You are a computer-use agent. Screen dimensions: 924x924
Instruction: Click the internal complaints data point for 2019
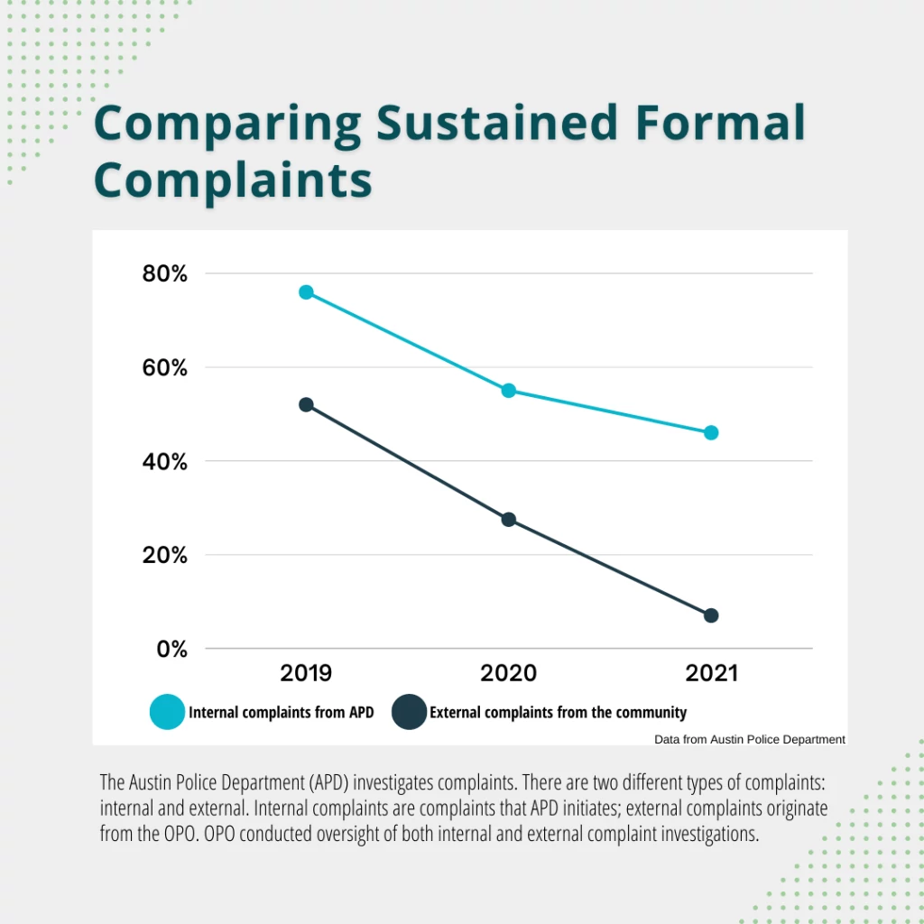[306, 292]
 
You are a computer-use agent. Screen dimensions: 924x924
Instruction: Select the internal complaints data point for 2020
[509, 391]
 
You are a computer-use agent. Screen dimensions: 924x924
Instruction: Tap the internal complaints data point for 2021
[711, 433]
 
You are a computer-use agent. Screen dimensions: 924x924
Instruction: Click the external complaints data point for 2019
[306, 405]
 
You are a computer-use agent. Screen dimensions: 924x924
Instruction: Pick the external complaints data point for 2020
[509, 520]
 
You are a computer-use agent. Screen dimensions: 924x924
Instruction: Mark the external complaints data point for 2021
[711, 615]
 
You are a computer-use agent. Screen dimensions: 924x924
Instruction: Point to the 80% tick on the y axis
[164, 273]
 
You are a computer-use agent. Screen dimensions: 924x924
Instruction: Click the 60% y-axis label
[164, 368]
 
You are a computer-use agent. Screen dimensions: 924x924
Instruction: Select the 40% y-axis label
[164, 462]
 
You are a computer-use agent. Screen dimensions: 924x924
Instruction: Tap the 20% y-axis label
[164, 556]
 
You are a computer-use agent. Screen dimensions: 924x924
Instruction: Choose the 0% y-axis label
[171, 650]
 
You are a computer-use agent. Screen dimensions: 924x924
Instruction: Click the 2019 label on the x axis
[306, 673]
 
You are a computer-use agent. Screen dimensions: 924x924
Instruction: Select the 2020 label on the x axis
[509, 673]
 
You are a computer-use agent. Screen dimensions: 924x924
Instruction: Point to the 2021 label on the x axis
[711, 673]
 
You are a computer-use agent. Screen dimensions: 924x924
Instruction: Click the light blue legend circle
[166, 713]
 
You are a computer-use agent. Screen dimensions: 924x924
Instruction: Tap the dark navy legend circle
[409, 713]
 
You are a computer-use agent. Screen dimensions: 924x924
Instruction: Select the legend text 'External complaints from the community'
[558, 713]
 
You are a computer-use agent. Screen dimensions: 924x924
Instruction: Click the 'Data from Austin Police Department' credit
[750, 740]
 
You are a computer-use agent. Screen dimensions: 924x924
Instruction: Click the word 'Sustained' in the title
[497, 124]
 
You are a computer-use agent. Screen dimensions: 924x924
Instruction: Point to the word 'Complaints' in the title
[233, 179]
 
